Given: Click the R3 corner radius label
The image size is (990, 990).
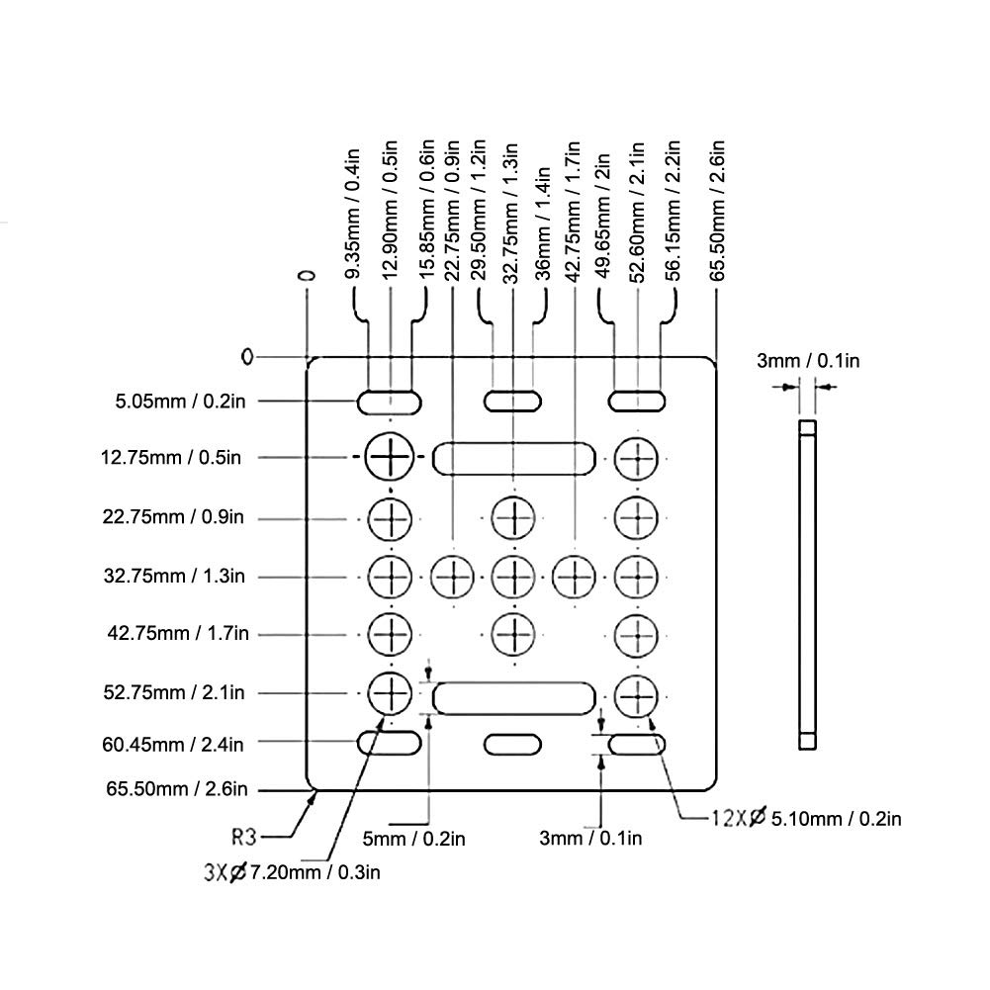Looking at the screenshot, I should (x=244, y=837).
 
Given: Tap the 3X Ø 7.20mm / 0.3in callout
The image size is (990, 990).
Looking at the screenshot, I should (x=292, y=872).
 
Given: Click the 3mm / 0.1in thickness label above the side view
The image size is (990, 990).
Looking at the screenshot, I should (x=808, y=361).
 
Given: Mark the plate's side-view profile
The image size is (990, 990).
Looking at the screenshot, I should (x=807, y=584).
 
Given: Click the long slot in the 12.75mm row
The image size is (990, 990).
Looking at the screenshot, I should (x=514, y=458).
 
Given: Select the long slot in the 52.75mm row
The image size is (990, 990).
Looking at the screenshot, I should (x=514, y=697).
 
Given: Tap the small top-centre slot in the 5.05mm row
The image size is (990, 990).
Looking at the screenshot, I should (x=513, y=402).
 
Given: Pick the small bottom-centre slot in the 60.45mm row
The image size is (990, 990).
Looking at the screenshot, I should (x=513, y=744).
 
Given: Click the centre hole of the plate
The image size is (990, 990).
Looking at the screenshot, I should (x=513, y=574).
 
